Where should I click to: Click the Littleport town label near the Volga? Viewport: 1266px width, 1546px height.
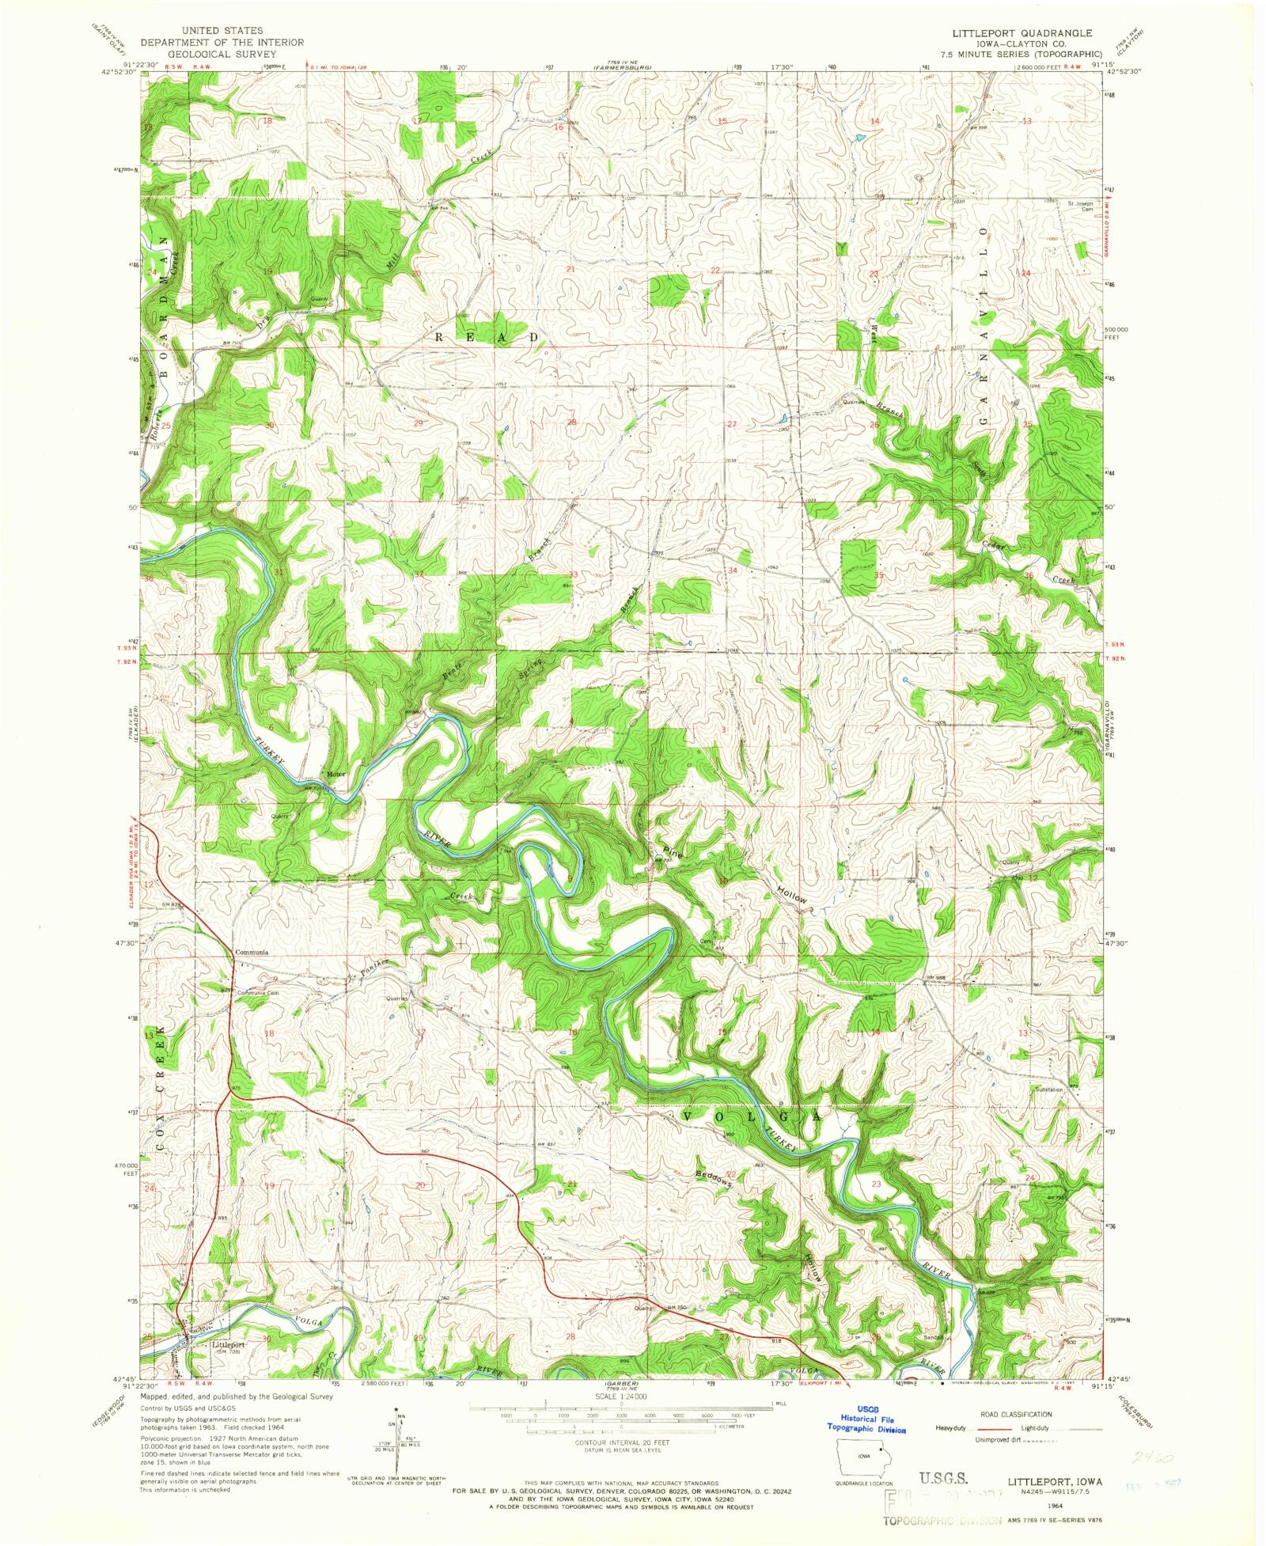click(228, 1344)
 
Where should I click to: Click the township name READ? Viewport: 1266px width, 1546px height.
click(487, 337)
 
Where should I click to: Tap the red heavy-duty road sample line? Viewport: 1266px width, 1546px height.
click(989, 1428)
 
